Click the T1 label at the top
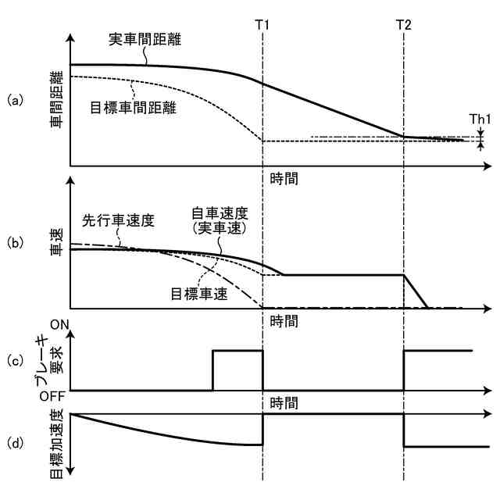click(x=263, y=24)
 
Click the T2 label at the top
click(x=403, y=24)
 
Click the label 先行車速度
click(x=118, y=220)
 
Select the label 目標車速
click(x=197, y=291)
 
